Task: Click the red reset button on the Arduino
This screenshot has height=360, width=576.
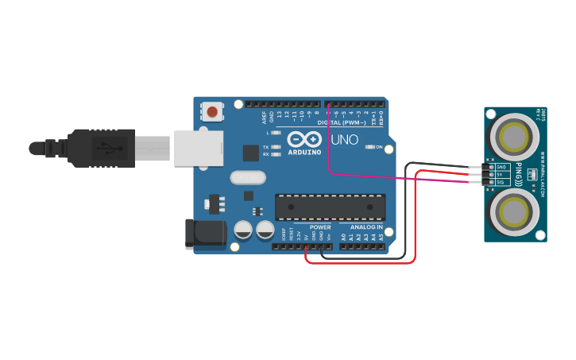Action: [213, 111]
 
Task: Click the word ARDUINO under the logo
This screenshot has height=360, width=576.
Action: [304, 151]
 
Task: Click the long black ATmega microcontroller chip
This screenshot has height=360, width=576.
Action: [331, 207]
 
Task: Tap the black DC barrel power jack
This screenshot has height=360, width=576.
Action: [205, 233]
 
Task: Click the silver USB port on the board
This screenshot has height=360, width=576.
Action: [199, 148]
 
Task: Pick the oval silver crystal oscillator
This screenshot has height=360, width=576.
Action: [245, 177]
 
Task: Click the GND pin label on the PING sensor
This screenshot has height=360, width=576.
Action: [501, 167]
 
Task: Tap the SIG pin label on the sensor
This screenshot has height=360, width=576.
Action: [501, 182]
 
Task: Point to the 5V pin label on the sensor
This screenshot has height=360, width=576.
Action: [501, 174]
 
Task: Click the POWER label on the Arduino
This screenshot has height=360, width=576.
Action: [320, 227]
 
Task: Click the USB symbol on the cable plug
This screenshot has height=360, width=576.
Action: [102, 148]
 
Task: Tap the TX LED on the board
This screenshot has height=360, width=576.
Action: [276, 147]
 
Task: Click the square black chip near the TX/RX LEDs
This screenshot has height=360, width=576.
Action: [251, 153]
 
